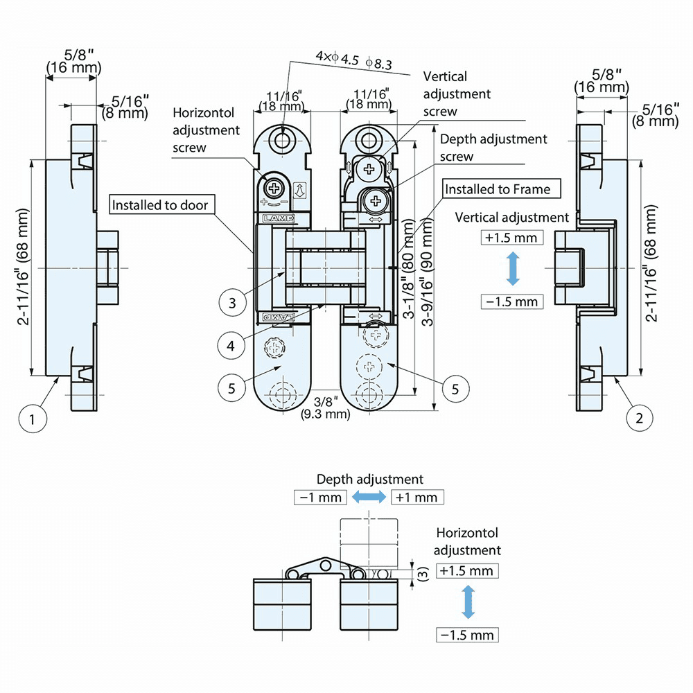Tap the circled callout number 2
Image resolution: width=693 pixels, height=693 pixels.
tap(639, 418)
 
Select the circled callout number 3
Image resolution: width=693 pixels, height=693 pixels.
tap(232, 303)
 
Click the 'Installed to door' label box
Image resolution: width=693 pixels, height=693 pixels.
tap(160, 205)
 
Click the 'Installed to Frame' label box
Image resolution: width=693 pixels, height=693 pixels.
tap(498, 189)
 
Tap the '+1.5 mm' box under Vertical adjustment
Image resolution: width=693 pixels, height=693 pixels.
tap(511, 238)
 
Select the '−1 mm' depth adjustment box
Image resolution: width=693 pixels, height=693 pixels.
tap(320, 497)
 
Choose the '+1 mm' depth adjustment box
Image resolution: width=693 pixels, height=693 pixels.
tap(417, 497)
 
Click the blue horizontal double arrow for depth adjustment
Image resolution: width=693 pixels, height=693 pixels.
tap(369, 496)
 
